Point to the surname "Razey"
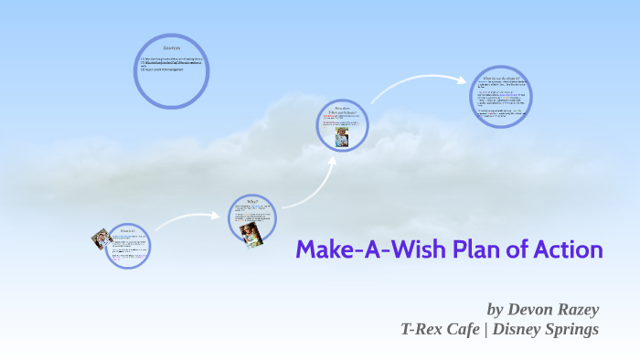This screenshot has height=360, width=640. coord(578,309)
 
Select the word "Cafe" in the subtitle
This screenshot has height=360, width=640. coord(465,329)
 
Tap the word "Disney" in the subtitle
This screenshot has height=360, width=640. coord(517,329)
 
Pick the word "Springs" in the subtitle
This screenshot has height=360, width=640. coord(572,329)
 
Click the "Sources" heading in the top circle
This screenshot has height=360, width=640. coord(172,47)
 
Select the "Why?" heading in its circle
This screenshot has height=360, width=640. coord(253,201)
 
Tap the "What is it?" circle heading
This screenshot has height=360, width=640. coord(127,231)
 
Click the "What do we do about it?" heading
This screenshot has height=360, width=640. coord(502,79)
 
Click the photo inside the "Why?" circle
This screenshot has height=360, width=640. coord(251,232)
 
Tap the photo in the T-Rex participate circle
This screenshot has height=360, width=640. coord(342,136)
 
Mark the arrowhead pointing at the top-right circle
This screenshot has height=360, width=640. coord(462,79)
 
